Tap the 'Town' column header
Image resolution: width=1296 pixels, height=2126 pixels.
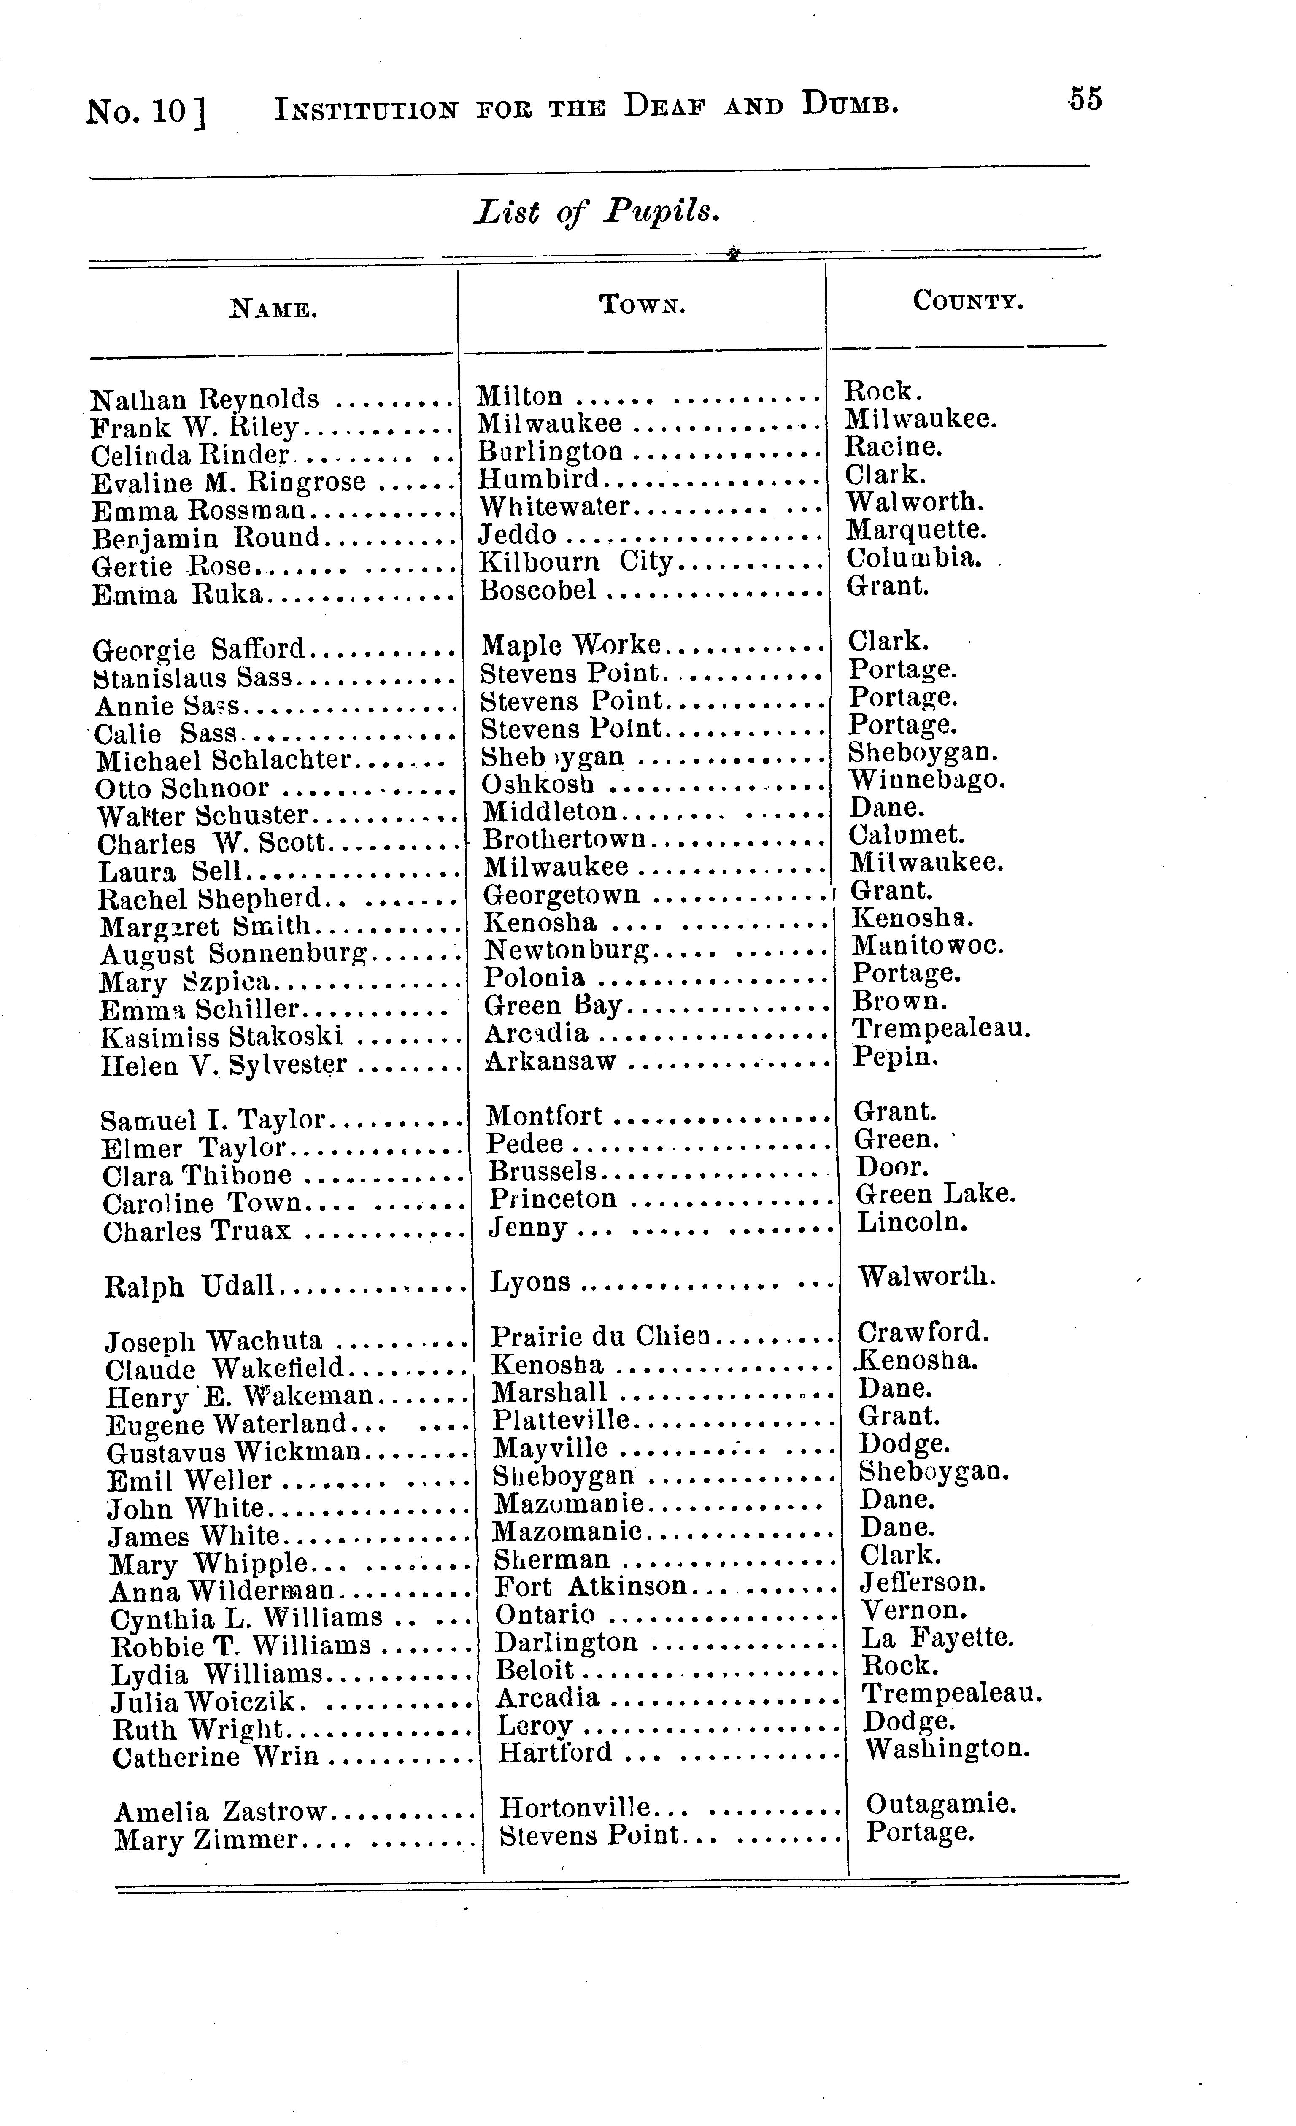(642, 304)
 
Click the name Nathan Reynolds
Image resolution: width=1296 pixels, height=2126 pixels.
(205, 399)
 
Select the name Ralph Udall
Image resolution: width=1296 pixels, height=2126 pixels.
(189, 1287)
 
